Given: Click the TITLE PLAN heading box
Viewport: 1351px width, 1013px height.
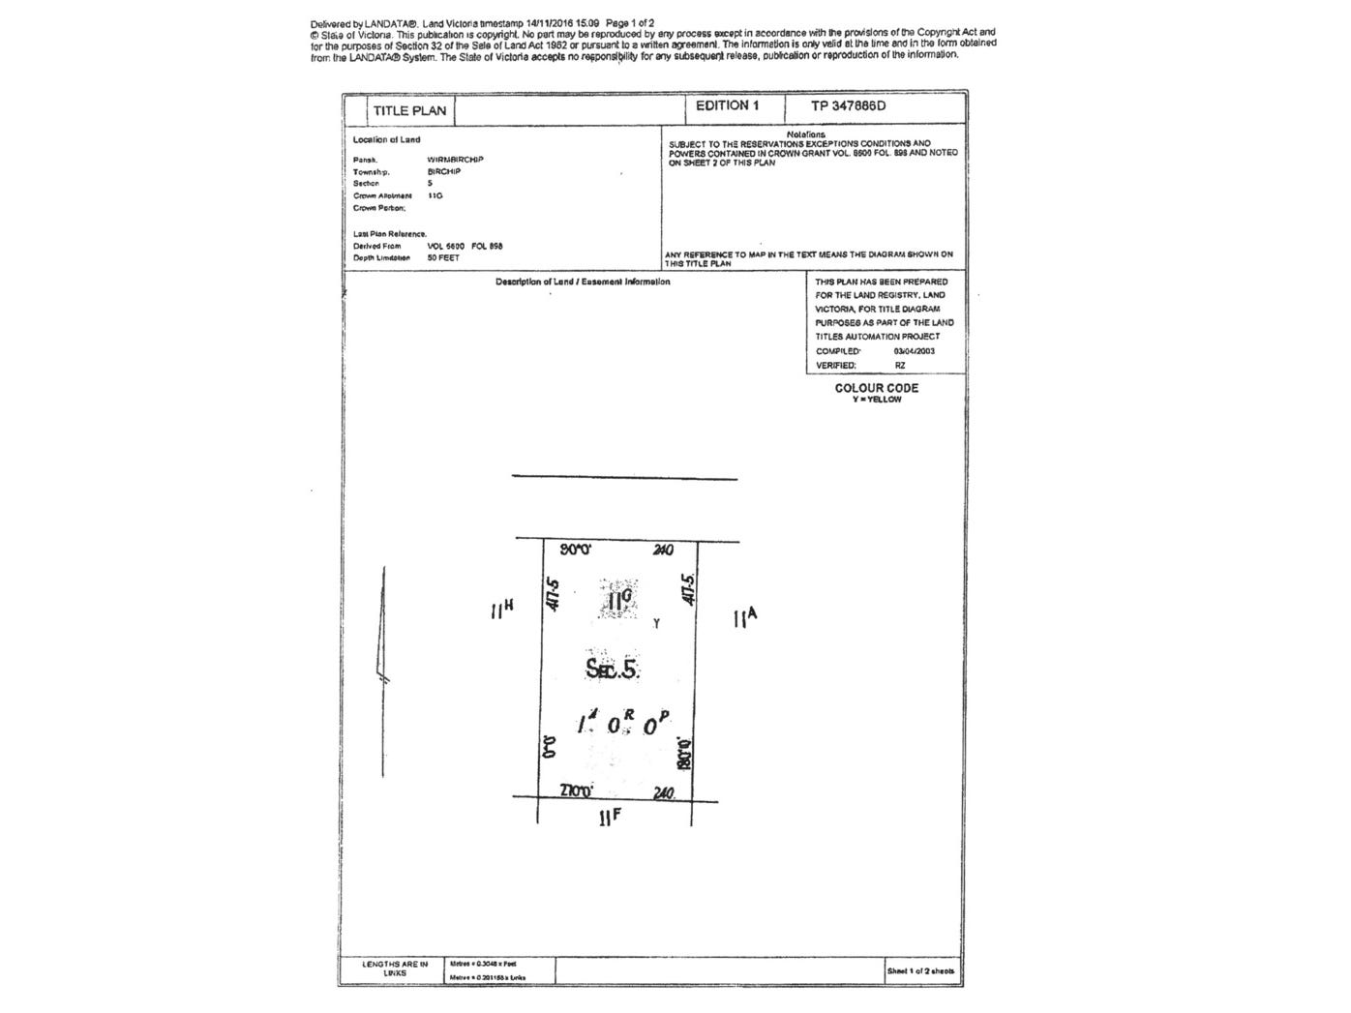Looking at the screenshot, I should pos(409,110).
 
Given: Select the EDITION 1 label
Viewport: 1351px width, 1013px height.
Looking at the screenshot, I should pos(727,105).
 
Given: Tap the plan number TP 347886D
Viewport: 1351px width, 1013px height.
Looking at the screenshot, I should pos(848,105).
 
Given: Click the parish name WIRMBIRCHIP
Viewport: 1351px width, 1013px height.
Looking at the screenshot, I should pos(455,160).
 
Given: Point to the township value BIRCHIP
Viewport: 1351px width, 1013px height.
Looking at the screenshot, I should pos(444,171).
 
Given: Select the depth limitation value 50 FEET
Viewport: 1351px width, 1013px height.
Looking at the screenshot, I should pos(443,258).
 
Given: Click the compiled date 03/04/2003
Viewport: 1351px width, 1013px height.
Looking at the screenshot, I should pos(915,351).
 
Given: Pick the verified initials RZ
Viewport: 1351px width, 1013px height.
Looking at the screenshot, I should pos(900,366).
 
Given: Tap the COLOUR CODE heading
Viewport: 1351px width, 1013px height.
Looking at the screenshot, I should pos(877,388).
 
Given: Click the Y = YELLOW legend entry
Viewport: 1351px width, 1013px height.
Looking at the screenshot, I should pos(877,400).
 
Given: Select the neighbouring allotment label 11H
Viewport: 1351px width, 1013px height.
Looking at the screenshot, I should pos(501,609).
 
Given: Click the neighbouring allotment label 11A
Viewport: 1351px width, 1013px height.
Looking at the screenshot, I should pos(745,617).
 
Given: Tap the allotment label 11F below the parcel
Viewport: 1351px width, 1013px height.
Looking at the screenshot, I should pos(610,818).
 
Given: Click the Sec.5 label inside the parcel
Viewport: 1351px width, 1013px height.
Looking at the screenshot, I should pos(613,668).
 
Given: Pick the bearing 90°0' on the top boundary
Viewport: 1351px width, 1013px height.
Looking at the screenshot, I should pos(576,550).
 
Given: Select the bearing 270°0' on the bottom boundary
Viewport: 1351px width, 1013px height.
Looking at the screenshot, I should pos(577,791).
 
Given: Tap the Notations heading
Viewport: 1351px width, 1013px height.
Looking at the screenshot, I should pos(805,134).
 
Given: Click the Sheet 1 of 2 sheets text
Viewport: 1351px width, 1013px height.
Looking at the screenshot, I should pos(920,970).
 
